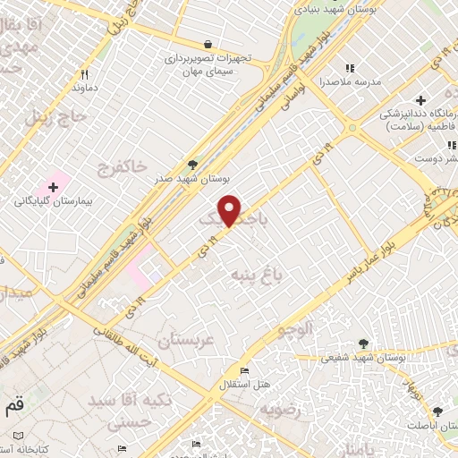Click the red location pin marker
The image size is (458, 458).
click(x=230, y=210)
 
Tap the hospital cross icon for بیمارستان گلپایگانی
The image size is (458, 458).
click(x=55, y=187)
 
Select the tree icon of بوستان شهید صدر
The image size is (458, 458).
click(x=192, y=164)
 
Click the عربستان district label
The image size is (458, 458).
click(x=187, y=340)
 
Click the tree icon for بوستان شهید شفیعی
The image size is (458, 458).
click(x=363, y=343)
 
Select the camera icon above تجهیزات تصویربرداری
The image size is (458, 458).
click(x=208, y=43)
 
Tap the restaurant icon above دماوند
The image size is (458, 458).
click(x=85, y=75)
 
